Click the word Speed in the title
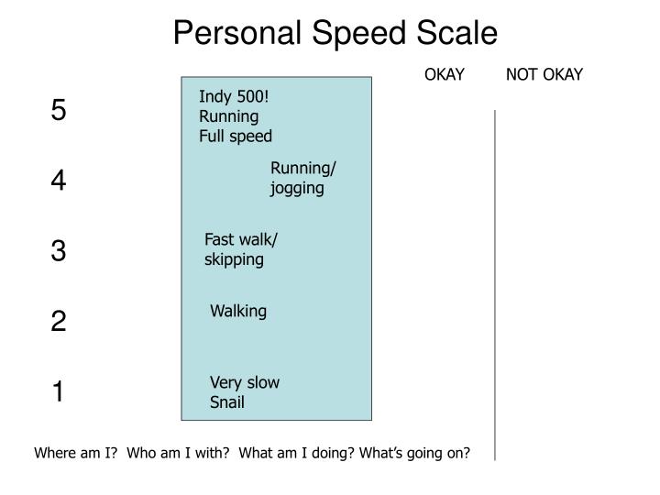click(364, 34)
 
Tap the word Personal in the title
click(235, 34)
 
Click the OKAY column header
click(445, 74)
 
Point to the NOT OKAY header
click(544, 74)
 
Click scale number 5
click(59, 111)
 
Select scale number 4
click(59, 181)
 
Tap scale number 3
click(59, 251)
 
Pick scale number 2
click(59, 322)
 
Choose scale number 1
click(59, 392)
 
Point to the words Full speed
click(236, 136)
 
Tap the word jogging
click(297, 189)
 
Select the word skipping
click(234, 259)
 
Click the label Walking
click(238, 311)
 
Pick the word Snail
click(227, 401)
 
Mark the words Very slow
click(245, 382)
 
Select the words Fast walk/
click(241, 239)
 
